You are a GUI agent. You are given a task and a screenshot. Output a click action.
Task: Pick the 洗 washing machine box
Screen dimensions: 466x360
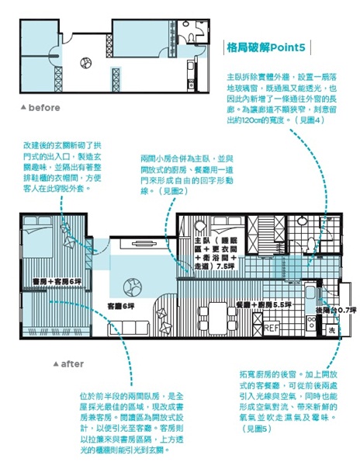(x=331, y=329)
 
